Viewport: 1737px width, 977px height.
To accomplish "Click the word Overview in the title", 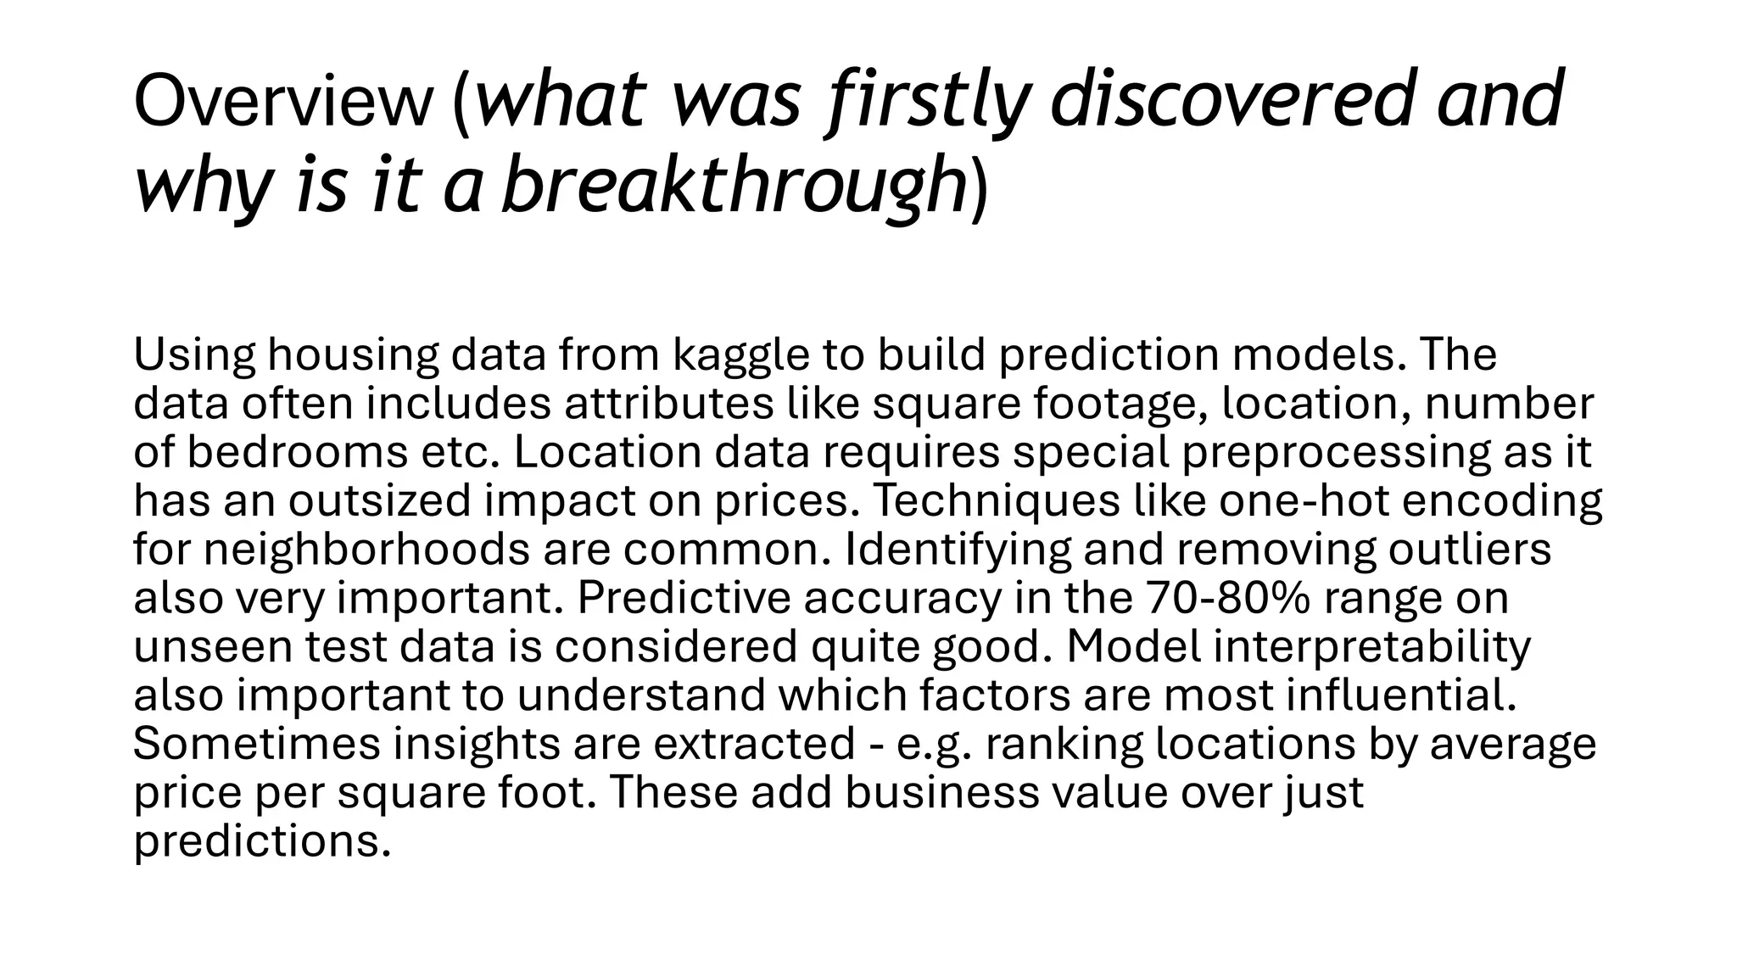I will click(x=282, y=102).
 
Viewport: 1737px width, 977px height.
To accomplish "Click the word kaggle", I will click(x=741, y=356).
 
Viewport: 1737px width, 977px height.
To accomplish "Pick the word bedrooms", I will click(x=297, y=452).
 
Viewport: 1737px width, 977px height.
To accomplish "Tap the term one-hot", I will click(x=1304, y=501).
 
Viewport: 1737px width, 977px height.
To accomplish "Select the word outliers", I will click(x=1469, y=550).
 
